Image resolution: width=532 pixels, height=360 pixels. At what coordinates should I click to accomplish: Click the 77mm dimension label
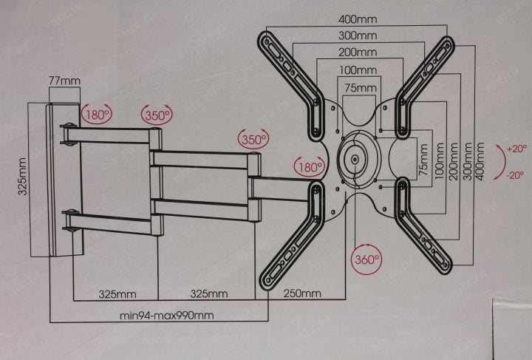(64, 81)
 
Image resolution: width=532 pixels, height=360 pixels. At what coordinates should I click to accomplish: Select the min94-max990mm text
(166, 316)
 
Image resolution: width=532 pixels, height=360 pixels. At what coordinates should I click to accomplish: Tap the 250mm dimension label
(302, 293)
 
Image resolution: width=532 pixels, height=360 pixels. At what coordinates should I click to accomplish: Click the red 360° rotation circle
(366, 259)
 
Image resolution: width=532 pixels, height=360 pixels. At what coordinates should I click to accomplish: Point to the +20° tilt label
(516, 149)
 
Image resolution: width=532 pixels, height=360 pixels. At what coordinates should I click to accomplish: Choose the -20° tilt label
(516, 175)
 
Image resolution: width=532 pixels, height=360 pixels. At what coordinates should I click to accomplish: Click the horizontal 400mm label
(358, 19)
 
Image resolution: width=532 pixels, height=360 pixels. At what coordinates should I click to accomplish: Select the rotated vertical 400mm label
(479, 161)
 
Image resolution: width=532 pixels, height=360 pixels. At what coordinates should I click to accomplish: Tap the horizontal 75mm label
(361, 88)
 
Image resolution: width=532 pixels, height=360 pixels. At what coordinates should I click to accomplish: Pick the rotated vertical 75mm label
(423, 160)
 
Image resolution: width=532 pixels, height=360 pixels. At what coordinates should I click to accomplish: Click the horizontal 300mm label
(358, 35)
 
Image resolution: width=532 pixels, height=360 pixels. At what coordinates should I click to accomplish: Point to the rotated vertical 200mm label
(453, 161)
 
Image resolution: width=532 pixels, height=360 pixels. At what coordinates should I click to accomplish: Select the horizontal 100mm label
(358, 70)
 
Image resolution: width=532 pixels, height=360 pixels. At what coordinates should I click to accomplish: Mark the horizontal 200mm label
(358, 52)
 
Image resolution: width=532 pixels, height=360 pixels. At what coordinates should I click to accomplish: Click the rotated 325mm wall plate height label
(22, 177)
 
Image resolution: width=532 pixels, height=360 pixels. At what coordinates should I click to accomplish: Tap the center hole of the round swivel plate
(355, 159)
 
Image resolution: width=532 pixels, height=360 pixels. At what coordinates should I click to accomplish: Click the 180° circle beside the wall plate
(97, 115)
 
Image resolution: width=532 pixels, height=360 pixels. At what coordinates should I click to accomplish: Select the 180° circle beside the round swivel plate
(310, 167)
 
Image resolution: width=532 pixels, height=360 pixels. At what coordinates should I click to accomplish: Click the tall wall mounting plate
(64, 180)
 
